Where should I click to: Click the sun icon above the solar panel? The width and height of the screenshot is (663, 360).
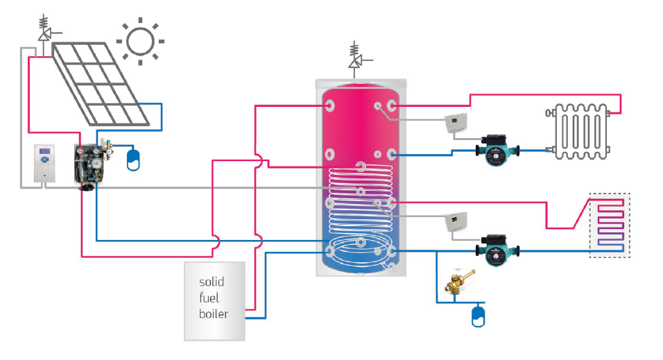coord(140,42)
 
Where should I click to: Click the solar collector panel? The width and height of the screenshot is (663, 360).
coord(101,84)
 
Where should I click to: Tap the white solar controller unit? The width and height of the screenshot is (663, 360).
coord(44,163)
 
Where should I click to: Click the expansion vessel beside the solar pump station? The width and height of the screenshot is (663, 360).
coord(133,160)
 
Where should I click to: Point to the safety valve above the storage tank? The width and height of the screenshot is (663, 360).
coord(355,59)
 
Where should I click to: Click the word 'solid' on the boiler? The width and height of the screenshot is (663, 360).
coord(212,282)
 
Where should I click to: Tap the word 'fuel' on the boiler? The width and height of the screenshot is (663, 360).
coord(209,298)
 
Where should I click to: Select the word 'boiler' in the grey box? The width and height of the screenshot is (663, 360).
coord(214,314)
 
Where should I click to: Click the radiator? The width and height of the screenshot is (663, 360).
coord(578,131)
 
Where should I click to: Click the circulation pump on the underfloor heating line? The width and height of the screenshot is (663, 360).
coord(497,250)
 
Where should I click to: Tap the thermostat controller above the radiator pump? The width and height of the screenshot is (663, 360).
coord(456,123)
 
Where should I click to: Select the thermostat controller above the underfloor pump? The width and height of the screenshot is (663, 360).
coord(456,221)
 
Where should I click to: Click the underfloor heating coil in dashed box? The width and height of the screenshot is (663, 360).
coord(610,225)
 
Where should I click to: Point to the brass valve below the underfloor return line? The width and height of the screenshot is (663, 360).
coord(459,282)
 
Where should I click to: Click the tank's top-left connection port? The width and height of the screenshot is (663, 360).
coord(329,105)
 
